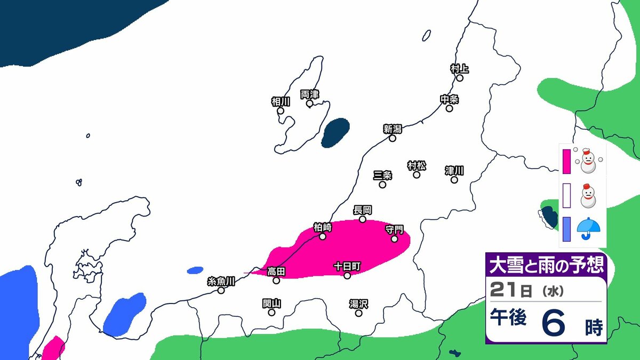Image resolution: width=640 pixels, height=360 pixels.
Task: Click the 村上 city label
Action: (x=459, y=68)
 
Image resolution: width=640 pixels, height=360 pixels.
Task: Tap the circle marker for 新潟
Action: (x=393, y=138)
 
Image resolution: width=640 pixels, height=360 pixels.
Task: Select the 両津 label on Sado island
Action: (x=309, y=94)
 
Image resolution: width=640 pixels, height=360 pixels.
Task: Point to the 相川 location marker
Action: (x=281, y=111)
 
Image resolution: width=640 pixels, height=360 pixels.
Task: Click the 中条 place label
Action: (x=450, y=99)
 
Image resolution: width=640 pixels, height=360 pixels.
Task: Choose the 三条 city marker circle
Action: (x=382, y=185)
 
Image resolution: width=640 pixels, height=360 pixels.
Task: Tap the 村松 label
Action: (x=417, y=165)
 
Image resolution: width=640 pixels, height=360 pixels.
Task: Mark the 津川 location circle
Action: (x=454, y=180)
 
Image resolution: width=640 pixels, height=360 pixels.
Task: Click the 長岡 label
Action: (x=362, y=210)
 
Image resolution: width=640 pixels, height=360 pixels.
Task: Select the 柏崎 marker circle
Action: (x=323, y=236)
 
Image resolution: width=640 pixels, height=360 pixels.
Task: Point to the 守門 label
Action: (x=395, y=229)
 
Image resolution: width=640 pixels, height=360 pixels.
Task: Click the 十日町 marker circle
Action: (x=347, y=275)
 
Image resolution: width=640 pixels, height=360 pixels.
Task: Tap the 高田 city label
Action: (x=276, y=271)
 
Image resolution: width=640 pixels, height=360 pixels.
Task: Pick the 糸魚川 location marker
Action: (x=221, y=290)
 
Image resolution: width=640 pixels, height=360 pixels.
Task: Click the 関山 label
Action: (x=271, y=303)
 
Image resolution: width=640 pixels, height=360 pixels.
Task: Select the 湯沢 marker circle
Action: (x=359, y=313)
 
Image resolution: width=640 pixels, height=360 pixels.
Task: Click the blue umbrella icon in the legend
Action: (x=589, y=228)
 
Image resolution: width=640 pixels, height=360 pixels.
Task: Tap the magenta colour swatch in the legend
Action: (x=567, y=162)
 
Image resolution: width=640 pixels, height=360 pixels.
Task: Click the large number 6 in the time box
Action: (x=554, y=323)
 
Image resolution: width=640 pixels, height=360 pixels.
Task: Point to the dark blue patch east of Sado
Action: (x=335, y=132)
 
